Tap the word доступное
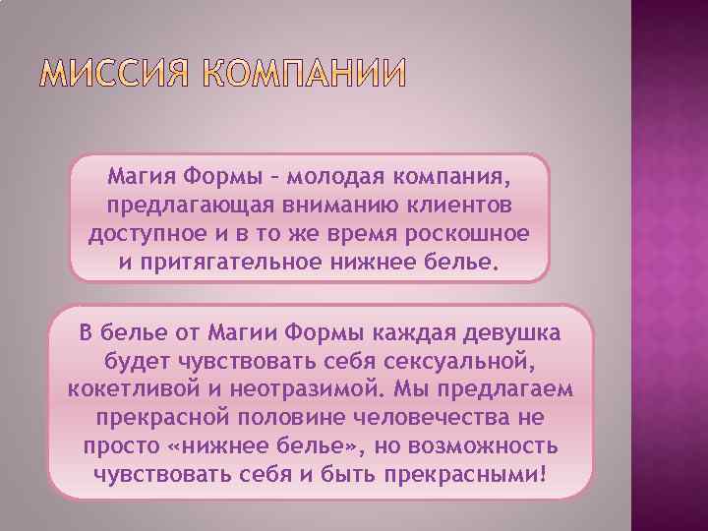click(x=142, y=236)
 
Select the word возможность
click(x=488, y=445)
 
